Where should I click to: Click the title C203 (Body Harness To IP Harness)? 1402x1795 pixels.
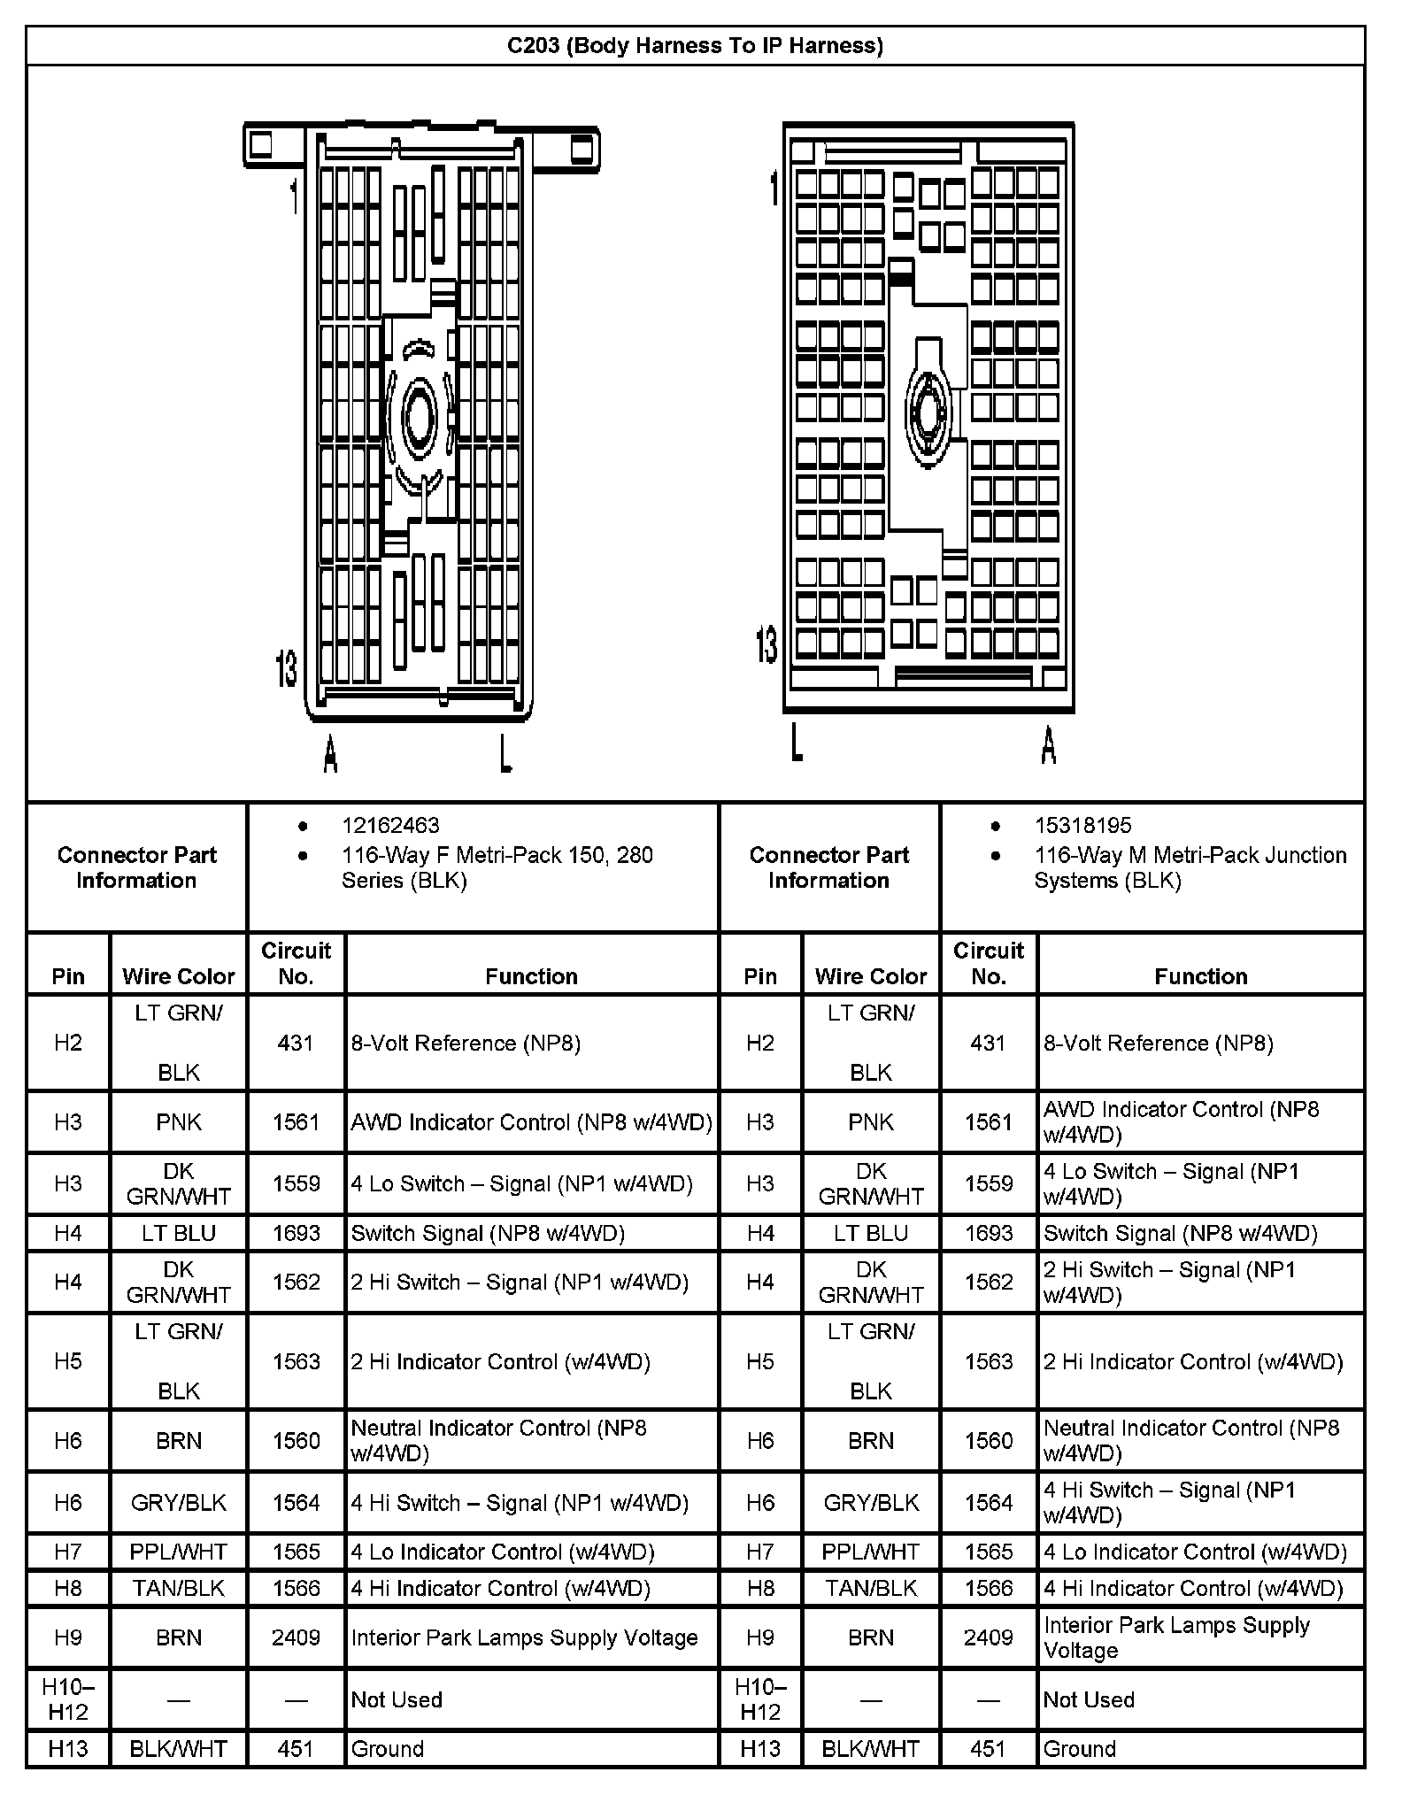pyautogui.click(x=695, y=45)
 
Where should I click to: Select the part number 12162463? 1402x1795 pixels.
pyautogui.click(x=390, y=825)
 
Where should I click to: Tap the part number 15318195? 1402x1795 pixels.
pyautogui.click(x=1082, y=825)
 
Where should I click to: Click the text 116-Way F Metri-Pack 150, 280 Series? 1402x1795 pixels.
pyautogui.click(x=497, y=867)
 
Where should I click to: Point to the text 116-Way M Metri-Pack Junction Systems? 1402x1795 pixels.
pyautogui.click(x=1190, y=867)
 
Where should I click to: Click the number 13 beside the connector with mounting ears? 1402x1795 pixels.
pyautogui.click(x=287, y=668)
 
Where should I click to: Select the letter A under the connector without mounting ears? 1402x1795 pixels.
pyautogui.click(x=1048, y=745)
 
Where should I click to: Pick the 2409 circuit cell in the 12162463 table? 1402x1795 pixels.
pyautogui.click(x=296, y=1637)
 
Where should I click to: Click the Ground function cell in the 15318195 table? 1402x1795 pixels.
pyautogui.click(x=1079, y=1748)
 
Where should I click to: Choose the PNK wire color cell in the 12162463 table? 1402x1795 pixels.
pyautogui.click(x=179, y=1121)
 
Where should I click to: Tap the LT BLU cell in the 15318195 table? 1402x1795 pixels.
pyautogui.click(x=871, y=1233)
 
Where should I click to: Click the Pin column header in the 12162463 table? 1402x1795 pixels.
pyautogui.click(x=68, y=975)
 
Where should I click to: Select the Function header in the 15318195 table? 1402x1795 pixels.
pyautogui.click(x=1200, y=975)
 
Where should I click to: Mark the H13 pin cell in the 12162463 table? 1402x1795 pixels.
pyautogui.click(x=68, y=1748)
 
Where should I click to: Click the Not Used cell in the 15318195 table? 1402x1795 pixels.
pyautogui.click(x=1089, y=1699)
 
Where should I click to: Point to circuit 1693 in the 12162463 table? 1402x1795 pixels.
pyautogui.click(x=296, y=1233)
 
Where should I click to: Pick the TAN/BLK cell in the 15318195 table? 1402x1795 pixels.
pyautogui.click(x=871, y=1588)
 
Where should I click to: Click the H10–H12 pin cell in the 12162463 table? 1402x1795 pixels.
pyautogui.click(x=68, y=1699)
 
